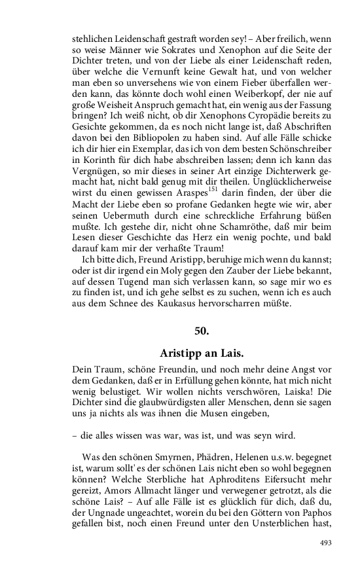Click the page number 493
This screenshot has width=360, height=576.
[326, 561]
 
